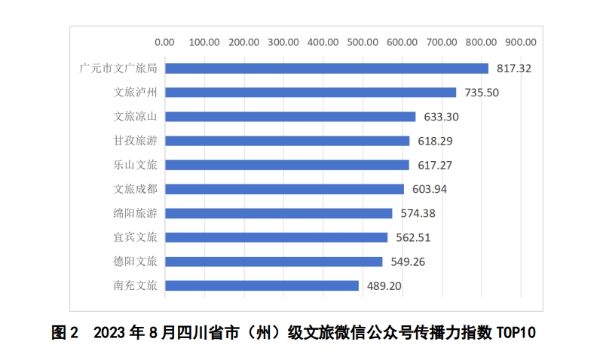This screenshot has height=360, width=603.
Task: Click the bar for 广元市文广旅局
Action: point(326,69)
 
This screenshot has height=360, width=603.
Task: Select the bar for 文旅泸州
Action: point(311,93)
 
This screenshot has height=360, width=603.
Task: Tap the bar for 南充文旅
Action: point(262,285)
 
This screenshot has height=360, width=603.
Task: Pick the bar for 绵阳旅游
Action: point(278,213)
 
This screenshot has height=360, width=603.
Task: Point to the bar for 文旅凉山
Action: point(290,117)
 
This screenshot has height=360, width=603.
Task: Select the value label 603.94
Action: point(429,189)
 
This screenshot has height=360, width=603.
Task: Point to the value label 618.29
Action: point(435,141)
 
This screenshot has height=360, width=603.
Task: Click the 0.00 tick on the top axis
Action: point(164,41)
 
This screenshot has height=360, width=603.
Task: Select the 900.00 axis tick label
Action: point(521,41)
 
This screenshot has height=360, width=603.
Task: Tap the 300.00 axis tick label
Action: point(283,41)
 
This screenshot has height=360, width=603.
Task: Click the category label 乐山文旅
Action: point(135,165)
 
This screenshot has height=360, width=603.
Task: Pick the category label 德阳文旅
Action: point(135,261)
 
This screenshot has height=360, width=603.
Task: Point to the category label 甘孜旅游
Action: point(135,141)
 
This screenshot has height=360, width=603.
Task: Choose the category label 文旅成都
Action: point(135,189)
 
